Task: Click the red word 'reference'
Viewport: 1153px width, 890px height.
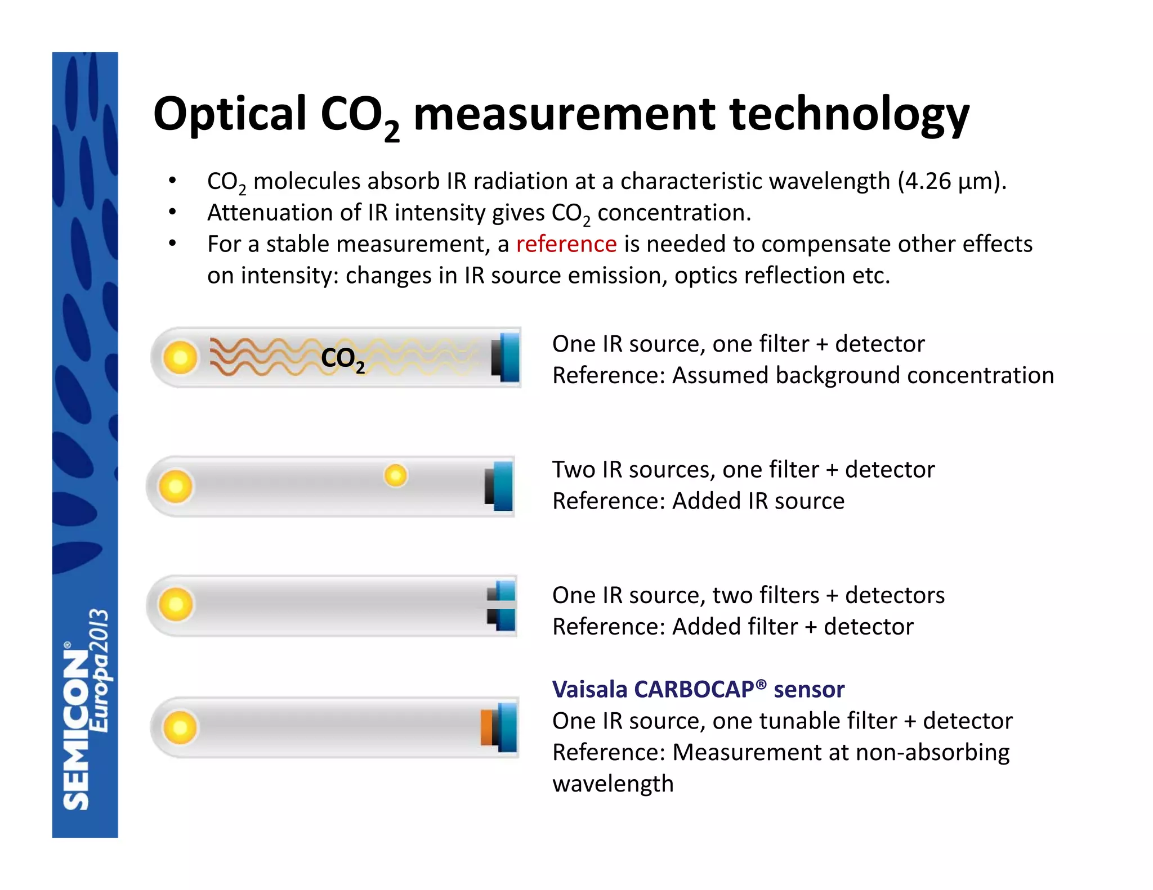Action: click(x=566, y=244)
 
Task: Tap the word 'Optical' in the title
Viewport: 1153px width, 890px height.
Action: click(x=230, y=114)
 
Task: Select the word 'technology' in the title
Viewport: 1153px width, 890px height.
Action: click(x=849, y=115)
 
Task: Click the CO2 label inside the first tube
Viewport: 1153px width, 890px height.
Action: click(x=342, y=358)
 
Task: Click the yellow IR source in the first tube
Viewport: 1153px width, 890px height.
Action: click(x=180, y=357)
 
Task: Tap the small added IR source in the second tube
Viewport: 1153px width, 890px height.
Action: click(x=395, y=476)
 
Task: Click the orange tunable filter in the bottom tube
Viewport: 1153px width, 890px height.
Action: click(x=487, y=727)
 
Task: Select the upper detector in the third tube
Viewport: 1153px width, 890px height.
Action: click(x=503, y=591)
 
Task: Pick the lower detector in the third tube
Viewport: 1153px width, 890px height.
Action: click(x=503, y=619)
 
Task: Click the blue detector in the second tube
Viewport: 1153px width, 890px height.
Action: click(x=501, y=486)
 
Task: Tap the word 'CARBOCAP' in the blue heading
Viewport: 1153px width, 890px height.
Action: click(x=695, y=689)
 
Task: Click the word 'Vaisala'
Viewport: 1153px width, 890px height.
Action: click(x=589, y=689)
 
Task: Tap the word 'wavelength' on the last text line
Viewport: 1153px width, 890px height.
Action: click(x=613, y=784)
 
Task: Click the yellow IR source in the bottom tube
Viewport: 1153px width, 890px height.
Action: click(x=180, y=727)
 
